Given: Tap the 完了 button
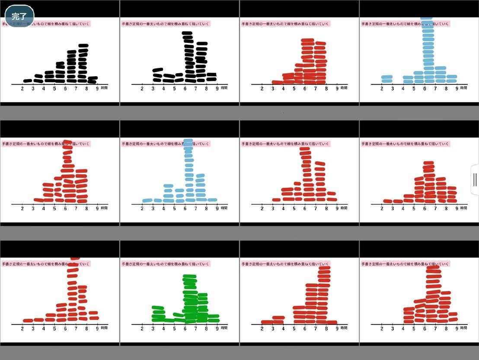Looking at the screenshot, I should pos(19,17).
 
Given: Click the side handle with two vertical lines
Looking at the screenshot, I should pos(475,180).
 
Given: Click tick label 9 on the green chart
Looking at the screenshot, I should pos(217,328).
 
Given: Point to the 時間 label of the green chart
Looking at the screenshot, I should pos(224,328).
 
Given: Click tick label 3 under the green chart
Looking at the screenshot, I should pos(153,328).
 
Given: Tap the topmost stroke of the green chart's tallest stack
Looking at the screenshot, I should pos(189,276).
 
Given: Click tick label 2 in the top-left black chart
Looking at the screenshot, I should pos(22,88).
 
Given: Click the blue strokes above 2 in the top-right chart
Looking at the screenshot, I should pos(387,79).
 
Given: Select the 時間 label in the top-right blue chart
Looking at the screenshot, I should pos(463,88).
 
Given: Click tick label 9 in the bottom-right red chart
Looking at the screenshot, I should pos(457,328).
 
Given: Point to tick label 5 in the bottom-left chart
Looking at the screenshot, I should pos(54,328).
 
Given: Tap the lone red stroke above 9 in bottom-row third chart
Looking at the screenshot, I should pos(332,322).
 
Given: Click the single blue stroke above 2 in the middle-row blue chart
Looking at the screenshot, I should pos(147,200).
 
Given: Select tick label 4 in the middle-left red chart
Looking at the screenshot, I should pos(44,208).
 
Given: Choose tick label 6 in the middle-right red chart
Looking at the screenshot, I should pos(425,208).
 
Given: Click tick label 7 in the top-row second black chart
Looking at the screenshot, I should pos(196,88).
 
